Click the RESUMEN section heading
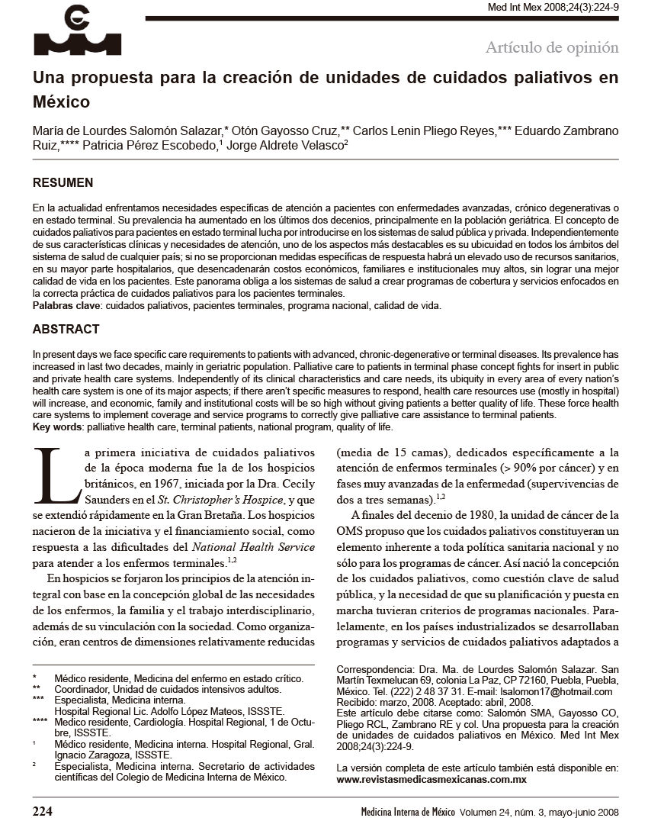click(63, 183)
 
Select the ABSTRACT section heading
click(66, 330)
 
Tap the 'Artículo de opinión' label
click(552, 47)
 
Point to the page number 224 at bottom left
click(42, 811)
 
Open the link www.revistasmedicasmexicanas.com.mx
click(431, 780)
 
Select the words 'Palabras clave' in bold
click(66, 305)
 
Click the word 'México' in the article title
click(61, 101)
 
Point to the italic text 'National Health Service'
click(253, 546)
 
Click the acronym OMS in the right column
click(350, 530)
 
